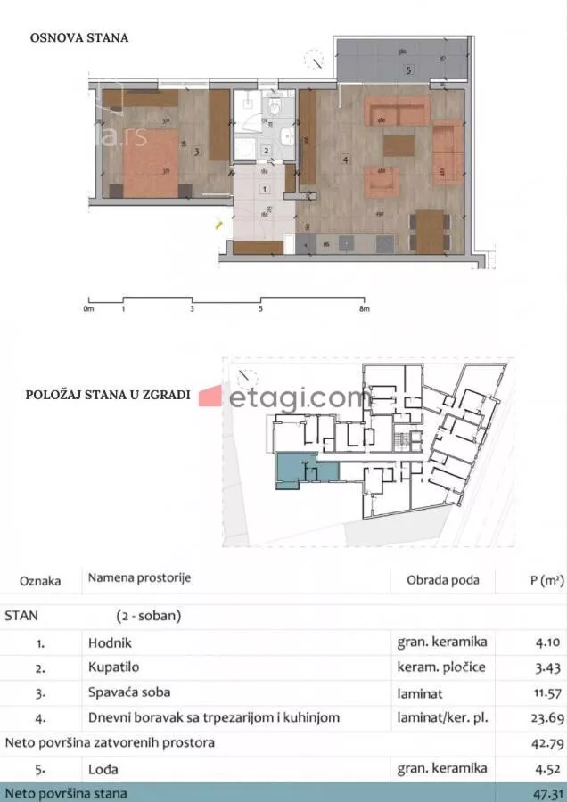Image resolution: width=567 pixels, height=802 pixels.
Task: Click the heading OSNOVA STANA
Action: click(79, 38)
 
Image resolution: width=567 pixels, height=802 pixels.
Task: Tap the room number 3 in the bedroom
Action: click(196, 151)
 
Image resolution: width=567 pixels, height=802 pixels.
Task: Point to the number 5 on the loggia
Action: click(407, 70)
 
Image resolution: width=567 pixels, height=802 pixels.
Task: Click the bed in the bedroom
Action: click(152, 163)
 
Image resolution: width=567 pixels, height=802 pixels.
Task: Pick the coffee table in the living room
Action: click(399, 145)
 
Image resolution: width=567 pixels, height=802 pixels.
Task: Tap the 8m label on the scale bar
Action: click(364, 309)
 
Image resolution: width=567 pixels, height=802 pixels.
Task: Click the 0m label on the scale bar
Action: click(87, 309)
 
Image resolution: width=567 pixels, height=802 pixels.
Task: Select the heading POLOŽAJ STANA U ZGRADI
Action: click(108, 396)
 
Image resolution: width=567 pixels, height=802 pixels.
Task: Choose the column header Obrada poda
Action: click(442, 579)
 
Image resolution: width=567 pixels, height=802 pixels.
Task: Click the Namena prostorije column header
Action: click(139, 577)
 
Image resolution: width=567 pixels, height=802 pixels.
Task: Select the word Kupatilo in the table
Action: click(114, 666)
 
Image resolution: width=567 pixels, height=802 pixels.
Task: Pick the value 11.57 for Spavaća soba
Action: click(546, 692)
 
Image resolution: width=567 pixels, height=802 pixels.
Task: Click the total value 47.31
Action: click(546, 792)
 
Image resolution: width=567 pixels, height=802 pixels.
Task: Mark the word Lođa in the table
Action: click(103, 767)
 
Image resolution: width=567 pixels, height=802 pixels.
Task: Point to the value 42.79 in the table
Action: click(546, 741)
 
